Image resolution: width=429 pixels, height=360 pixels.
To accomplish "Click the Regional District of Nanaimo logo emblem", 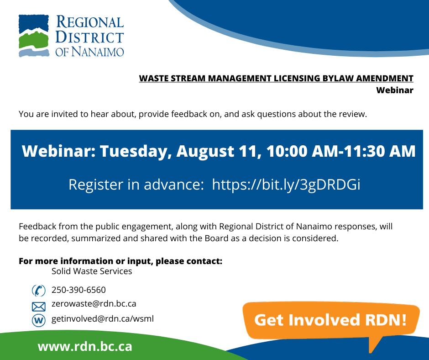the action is (x=34, y=36).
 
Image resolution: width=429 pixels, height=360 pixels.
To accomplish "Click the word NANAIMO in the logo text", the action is (x=98, y=52).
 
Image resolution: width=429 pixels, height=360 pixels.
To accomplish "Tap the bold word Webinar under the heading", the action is (x=394, y=90).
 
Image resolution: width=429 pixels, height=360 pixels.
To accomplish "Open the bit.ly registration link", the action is (x=286, y=185).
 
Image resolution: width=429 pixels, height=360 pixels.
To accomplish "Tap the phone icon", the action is (x=39, y=291).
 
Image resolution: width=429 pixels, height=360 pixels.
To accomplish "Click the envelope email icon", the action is (x=39, y=307).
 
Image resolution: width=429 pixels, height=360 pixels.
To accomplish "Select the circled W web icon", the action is (x=39, y=320).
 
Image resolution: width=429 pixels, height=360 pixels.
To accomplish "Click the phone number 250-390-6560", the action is (x=78, y=290).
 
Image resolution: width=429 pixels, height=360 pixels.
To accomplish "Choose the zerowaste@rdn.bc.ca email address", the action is (x=94, y=304).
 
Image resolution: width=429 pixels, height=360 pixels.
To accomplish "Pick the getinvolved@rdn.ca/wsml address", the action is (x=103, y=319).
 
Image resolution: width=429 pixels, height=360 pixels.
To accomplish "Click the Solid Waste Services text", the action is (x=92, y=271).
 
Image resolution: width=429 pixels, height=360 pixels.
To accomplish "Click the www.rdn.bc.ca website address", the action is (x=85, y=347).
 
